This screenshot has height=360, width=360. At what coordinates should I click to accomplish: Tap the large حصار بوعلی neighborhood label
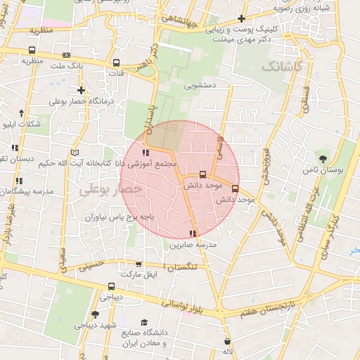[110, 189]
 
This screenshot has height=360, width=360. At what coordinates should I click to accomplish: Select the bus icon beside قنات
[116, 63]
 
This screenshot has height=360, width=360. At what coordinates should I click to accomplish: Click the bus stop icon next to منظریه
[32, 50]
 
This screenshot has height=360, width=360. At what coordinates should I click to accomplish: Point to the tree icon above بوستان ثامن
[323, 159]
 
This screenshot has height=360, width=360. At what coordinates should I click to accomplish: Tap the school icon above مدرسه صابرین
[193, 233]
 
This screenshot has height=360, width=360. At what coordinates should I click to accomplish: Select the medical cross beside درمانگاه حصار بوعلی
[82, 90]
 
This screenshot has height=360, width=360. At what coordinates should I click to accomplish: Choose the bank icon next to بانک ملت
[66, 55]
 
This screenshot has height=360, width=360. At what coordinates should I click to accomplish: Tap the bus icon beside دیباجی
[112, 286]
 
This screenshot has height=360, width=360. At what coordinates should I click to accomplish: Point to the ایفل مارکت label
[138, 274]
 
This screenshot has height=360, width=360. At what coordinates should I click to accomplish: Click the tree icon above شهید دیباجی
[96, 314]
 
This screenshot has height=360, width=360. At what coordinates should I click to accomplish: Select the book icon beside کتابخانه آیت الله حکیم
[76, 152]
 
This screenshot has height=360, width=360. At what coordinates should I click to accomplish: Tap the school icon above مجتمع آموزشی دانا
[146, 153]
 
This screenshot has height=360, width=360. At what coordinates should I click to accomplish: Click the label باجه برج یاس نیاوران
[120, 218]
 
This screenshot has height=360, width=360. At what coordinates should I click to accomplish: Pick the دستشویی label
[200, 86]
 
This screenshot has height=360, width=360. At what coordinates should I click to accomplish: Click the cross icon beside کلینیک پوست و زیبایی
[241, 18]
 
